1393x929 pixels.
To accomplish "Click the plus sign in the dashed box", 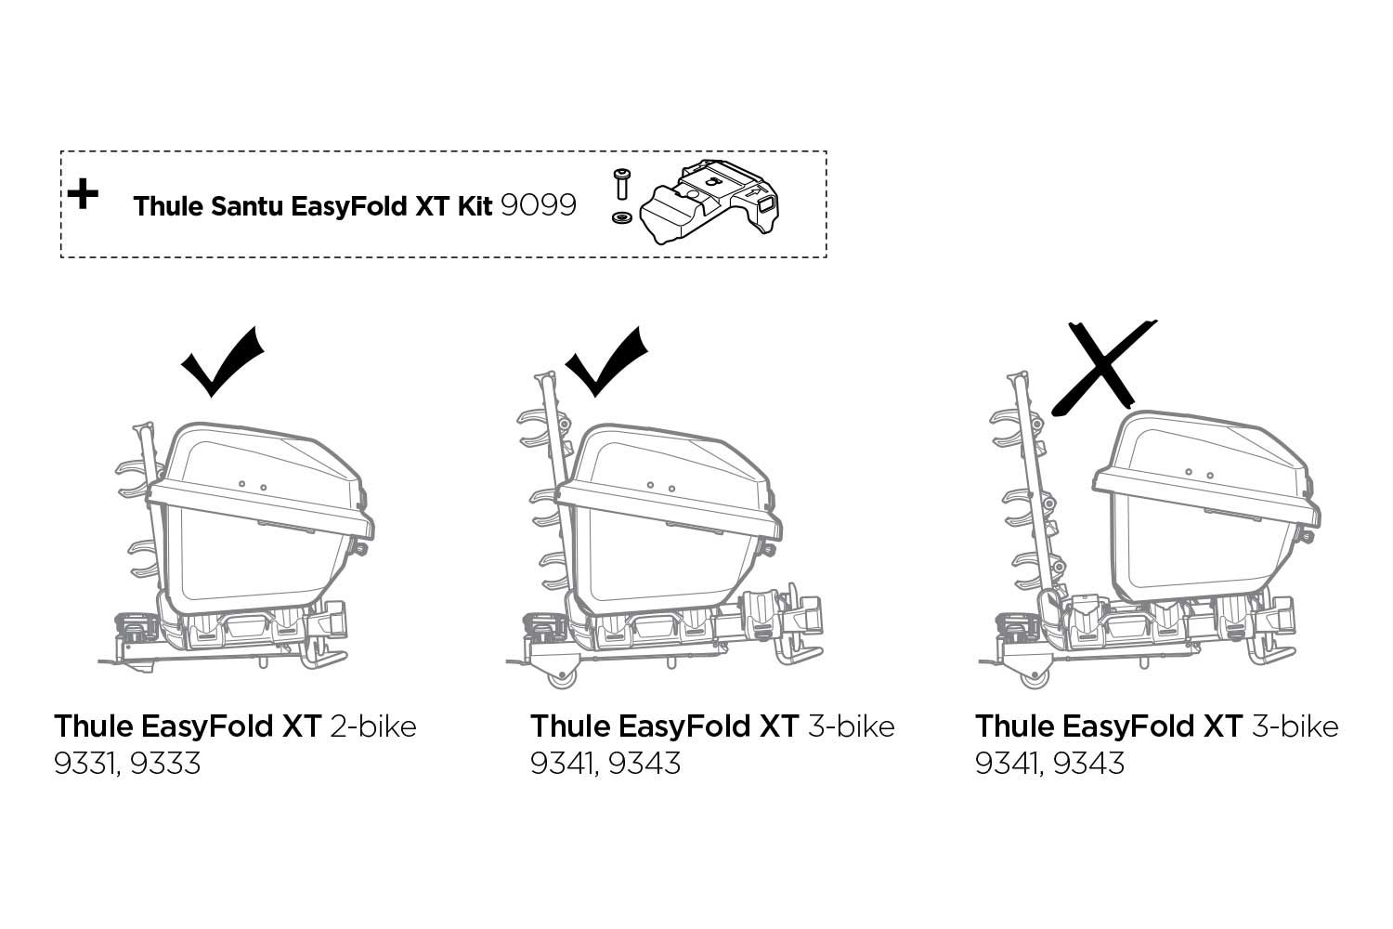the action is pos(83,194).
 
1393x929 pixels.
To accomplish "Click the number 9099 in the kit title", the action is pos(539,205).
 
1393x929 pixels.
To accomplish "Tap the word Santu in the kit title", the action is pos(247,206).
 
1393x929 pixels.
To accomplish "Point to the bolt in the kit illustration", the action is pos(620,184).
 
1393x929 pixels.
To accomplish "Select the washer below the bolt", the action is pos(621,217).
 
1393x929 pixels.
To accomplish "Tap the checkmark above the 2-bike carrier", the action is pos(223,361).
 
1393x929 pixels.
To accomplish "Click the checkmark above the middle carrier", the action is pos(606,361).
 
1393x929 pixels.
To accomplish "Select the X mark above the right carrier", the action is pos(1103,367).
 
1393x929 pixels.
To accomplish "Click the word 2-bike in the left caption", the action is pos(373,726).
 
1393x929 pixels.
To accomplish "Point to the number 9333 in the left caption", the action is pos(165,763).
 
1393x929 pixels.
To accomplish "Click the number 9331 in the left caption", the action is pos(85,764).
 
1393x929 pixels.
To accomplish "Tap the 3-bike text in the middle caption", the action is pos(852,726).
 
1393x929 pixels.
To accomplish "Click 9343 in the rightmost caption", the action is pos(1089,763).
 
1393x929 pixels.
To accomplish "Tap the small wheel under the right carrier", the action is pos(1035,676).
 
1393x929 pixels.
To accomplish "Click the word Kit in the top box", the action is pos(475,206).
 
